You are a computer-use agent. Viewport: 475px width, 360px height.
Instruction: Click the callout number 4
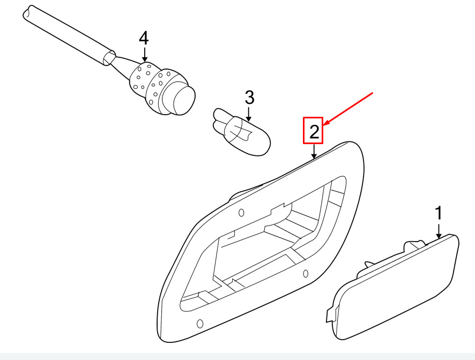144,39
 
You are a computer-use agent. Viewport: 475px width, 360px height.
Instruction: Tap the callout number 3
249,97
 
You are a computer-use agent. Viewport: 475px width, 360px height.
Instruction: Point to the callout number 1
439,213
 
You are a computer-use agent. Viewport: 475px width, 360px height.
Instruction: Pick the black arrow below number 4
145,55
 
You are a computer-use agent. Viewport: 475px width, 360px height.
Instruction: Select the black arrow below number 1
439,231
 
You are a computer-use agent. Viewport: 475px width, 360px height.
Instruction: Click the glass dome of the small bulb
248,137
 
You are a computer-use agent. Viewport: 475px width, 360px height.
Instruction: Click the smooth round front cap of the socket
184,99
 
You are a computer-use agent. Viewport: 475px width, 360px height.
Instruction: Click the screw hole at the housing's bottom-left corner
200,324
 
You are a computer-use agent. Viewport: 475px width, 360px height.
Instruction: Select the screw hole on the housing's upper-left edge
241,213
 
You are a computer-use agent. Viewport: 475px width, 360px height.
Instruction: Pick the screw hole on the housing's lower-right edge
306,274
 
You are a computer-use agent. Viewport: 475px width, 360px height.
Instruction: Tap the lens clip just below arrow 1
414,244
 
